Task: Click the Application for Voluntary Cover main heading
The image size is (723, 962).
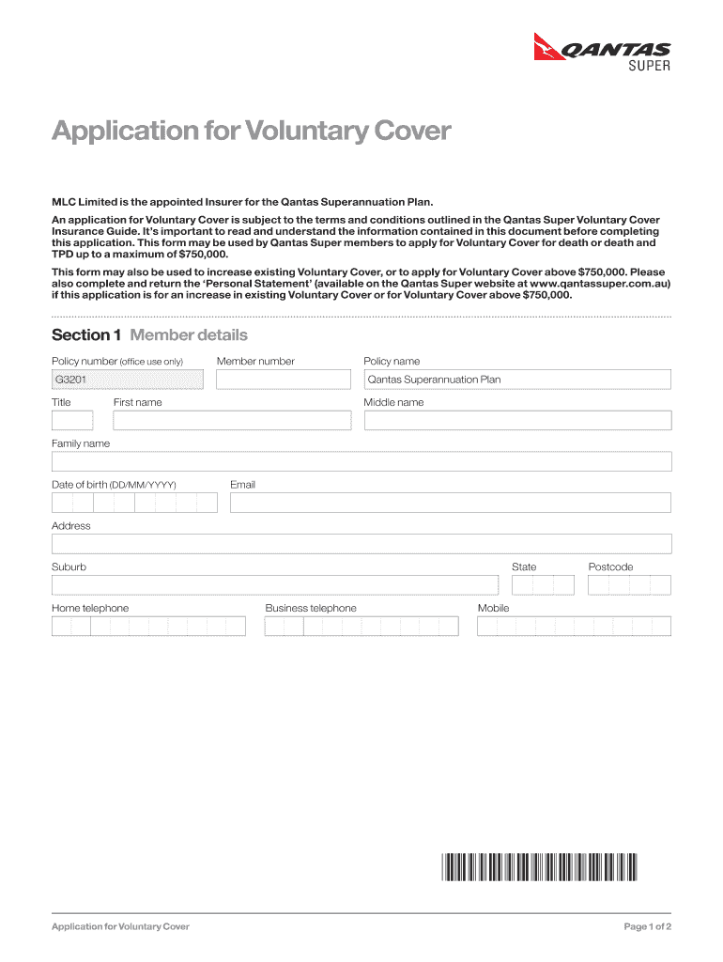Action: tap(252, 132)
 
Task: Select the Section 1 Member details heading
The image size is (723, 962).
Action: tap(149, 335)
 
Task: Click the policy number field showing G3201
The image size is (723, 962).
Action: tap(128, 380)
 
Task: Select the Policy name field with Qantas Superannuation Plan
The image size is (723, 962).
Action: tap(517, 380)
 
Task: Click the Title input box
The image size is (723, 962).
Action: tap(72, 420)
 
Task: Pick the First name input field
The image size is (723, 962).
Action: tap(232, 420)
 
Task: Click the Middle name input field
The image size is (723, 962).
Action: tap(517, 420)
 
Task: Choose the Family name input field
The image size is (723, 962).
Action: tap(361, 461)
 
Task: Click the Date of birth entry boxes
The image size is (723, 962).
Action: tap(134, 503)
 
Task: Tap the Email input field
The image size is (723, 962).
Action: tap(450, 503)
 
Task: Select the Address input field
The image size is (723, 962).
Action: tap(361, 544)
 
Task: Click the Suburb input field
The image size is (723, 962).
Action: tap(275, 585)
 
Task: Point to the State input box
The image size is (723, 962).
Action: tap(543, 585)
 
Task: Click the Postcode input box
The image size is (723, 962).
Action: tap(629, 585)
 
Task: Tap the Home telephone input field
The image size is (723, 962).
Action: tap(148, 626)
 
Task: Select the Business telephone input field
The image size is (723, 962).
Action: tap(361, 626)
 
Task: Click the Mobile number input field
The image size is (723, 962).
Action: tap(574, 626)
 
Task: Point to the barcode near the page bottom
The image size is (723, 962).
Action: tap(538, 866)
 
